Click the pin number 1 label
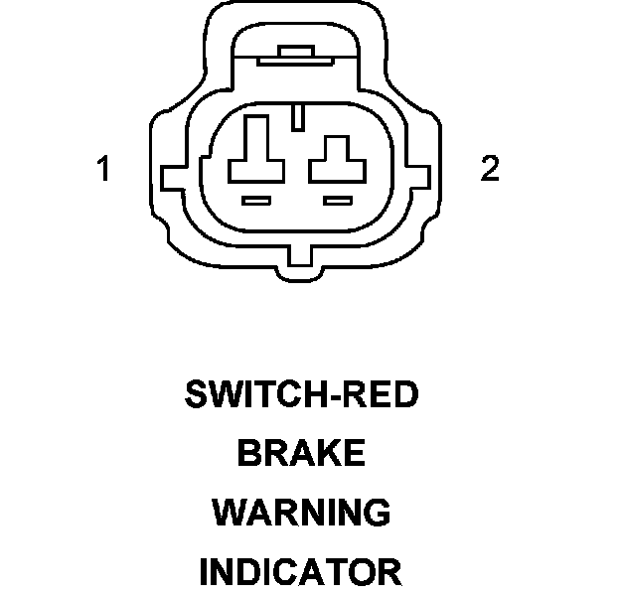click(x=102, y=169)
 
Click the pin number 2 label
click(x=490, y=169)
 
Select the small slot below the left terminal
click(x=257, y=202)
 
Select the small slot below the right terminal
click(x=339, y=202)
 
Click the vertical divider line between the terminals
click(x=298, y=115)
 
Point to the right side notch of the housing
click(x=424, y=180)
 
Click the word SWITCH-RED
click(x=302, y=395)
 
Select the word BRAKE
click(x=301, y=454)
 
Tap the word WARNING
click(x=301, y=513)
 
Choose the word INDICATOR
click(x=301, y=572)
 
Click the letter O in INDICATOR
click(x=359, y=572)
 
